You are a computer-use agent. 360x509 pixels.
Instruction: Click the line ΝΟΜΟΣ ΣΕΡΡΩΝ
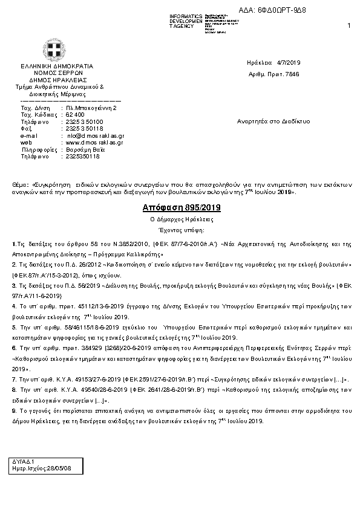(x=57, y=72)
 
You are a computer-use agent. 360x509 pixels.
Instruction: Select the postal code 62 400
(x=75, y=114)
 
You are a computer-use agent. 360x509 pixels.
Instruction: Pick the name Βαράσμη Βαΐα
(x=82, y=149)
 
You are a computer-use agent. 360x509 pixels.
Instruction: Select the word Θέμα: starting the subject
(x=21, y=182)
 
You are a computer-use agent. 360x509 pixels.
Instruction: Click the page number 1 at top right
(x=349, y=25)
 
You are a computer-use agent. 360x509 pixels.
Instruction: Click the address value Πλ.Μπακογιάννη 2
(x=91, y=108)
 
